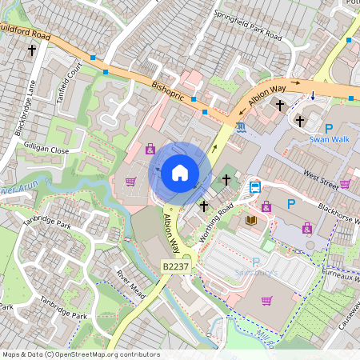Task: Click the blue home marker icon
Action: pos(179,173)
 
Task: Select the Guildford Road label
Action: pos(24,32)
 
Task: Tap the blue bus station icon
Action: pos(255,187)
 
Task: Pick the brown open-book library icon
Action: pos(251,220)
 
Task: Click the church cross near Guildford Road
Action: pos(33,50)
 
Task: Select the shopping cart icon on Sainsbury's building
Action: pos(266,301)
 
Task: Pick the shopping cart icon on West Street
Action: pos(345,183)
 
